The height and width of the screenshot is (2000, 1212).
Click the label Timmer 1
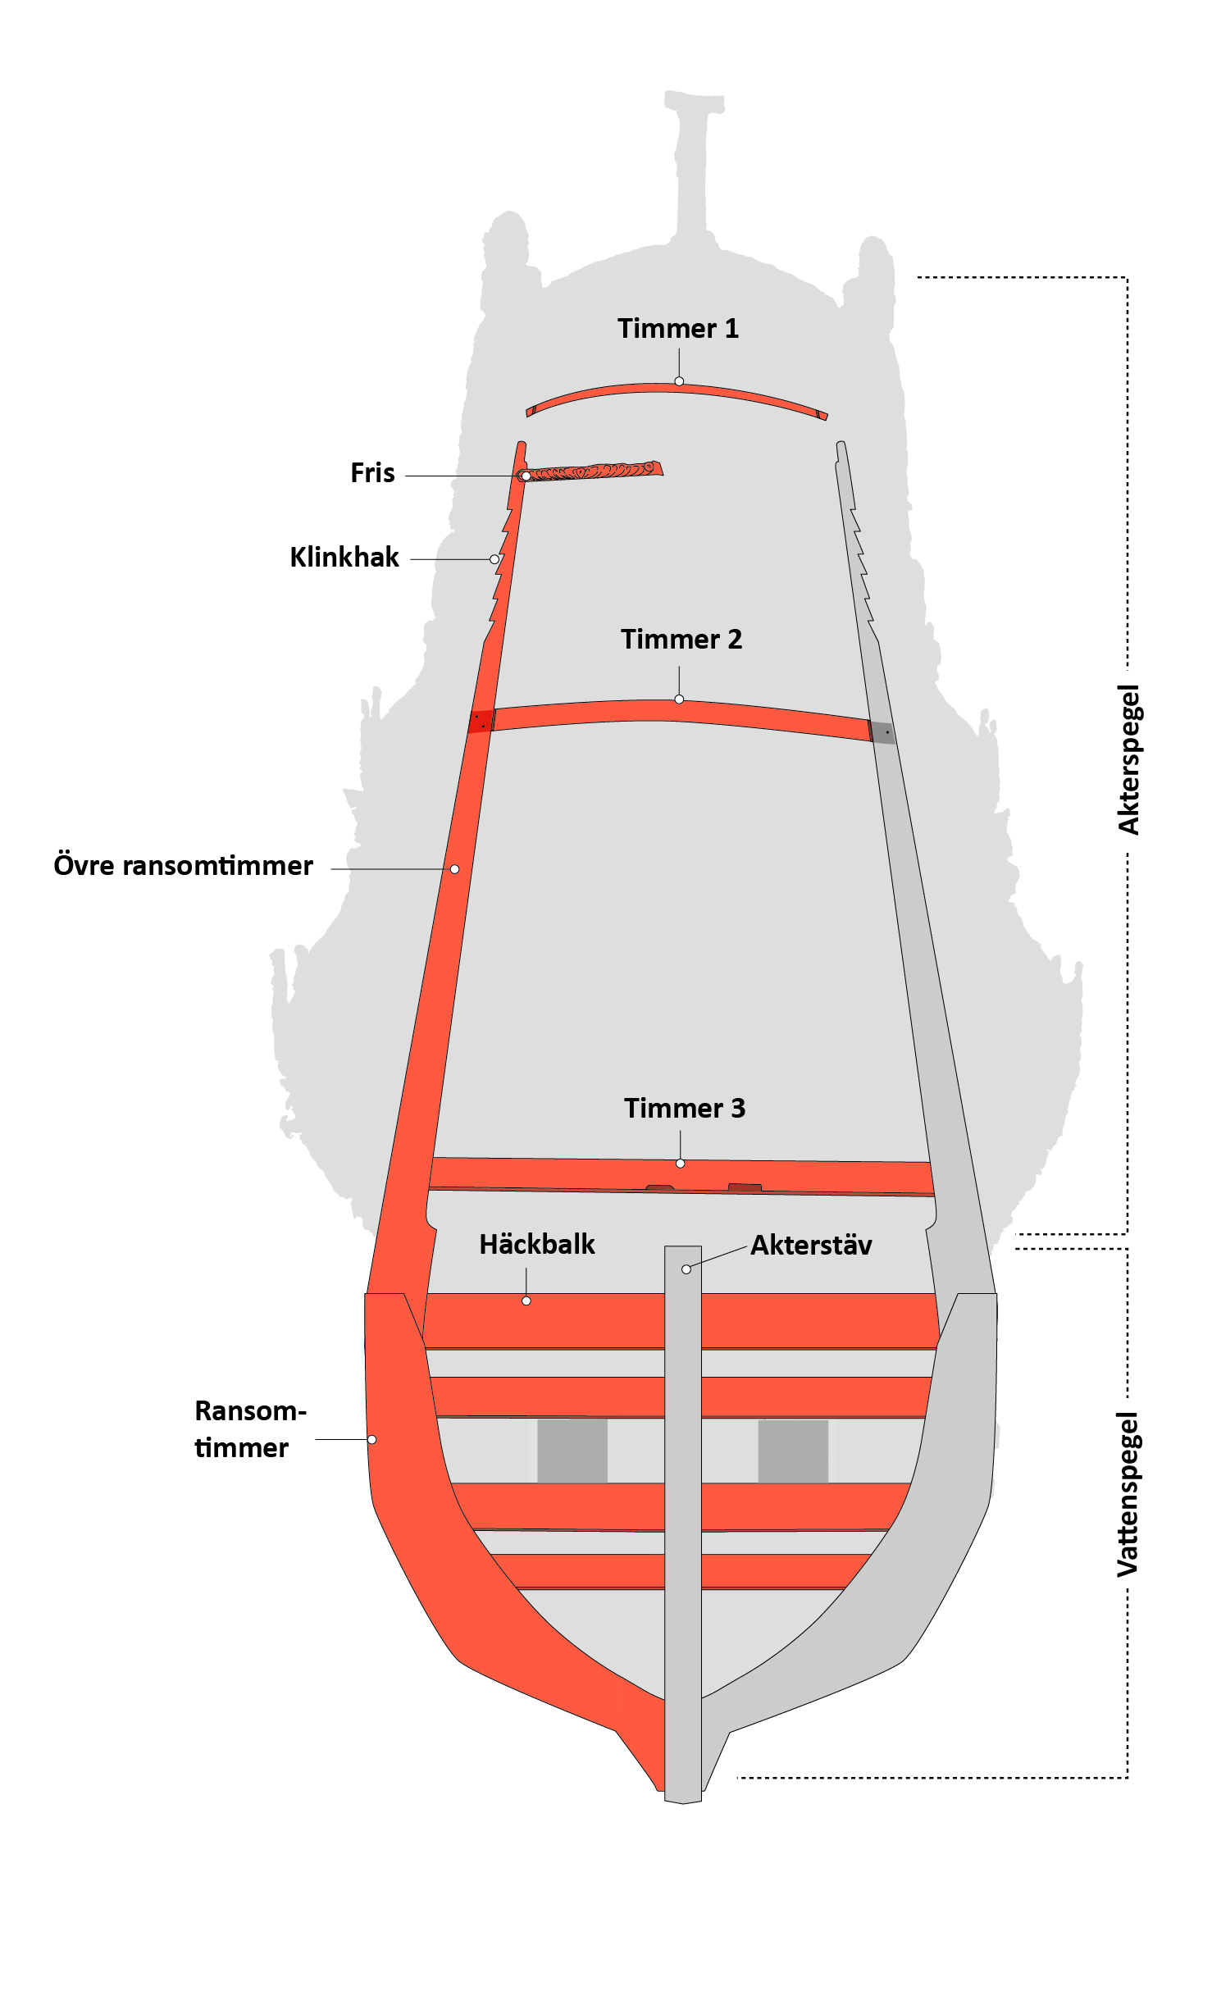tap(677, 329)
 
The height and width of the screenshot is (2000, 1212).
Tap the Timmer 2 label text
tap(681, 640)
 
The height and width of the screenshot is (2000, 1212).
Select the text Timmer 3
tap(684, 1109)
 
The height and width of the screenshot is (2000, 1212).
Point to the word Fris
tap(372, 473)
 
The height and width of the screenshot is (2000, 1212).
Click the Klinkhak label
tap(344, 558)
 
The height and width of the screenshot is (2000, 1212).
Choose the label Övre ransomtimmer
tap(183, 866)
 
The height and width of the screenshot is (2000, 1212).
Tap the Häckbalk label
tap(536, 1245)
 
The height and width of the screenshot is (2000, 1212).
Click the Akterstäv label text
tap(811, 1246)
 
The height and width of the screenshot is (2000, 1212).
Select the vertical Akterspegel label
tap(1129, 760)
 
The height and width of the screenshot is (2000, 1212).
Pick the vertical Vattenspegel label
tap(1129, 1494)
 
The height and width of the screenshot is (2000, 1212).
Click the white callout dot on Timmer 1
tap(679, 381)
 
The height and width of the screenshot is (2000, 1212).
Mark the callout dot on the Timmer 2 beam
tap(679, 699)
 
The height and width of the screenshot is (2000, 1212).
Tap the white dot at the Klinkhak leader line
tap(494, 559)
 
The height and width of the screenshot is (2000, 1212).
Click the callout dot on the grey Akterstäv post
tap(686, 1269)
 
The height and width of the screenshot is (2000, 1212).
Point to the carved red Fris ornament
tap(595, 472)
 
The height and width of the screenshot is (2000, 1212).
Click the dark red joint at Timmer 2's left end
tap(481, 722)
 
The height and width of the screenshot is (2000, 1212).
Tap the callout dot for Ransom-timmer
tap(371, 1440)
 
